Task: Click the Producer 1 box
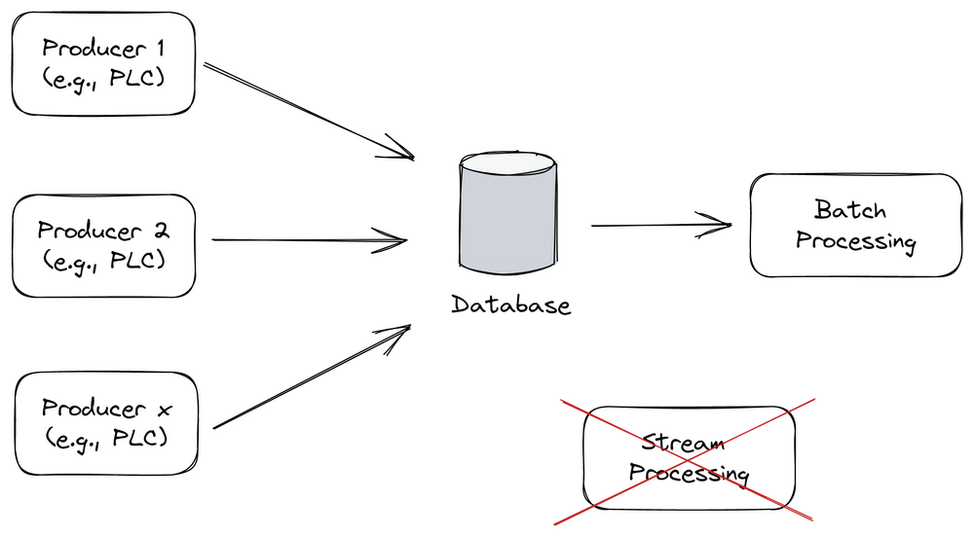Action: click(x=102, y=62)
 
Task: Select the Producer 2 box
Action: click(x=103, y=244)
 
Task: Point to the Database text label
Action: click(x=510, y=305)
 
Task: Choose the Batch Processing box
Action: click(x=855, y=226)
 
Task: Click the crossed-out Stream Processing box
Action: click(x=688, y=458)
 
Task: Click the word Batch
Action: click(x=850, y=210)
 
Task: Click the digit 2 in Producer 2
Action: click(x=160, y=231)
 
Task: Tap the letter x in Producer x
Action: click(x=162, y=409)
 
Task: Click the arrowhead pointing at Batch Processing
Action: click(x=721, y=225)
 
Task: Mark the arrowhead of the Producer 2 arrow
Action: click(x=394, y=238)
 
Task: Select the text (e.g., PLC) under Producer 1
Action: click(x=102, y=78)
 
